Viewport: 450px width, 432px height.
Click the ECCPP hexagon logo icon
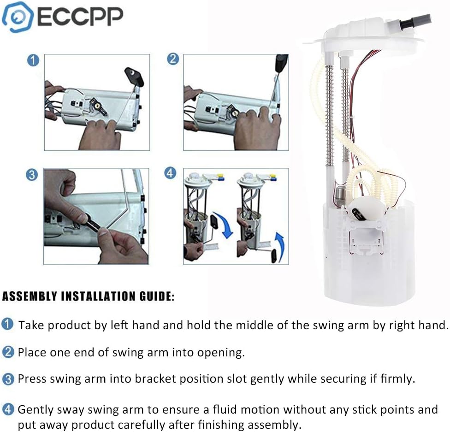[17, 17]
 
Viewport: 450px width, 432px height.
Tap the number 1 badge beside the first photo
[33, 60]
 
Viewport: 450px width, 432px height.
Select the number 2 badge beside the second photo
[172, 59]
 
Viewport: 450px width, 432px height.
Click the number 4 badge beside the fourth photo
[171, 173]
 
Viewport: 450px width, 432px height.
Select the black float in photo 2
[281, 63]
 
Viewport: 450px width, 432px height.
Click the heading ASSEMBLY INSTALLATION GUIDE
[89, 296]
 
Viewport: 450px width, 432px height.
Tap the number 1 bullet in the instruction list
[8, 325]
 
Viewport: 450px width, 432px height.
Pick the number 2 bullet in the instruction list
[8, 352]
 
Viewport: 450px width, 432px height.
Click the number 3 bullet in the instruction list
[8, 379]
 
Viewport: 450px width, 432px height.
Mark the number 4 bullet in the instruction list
[8, 409]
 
